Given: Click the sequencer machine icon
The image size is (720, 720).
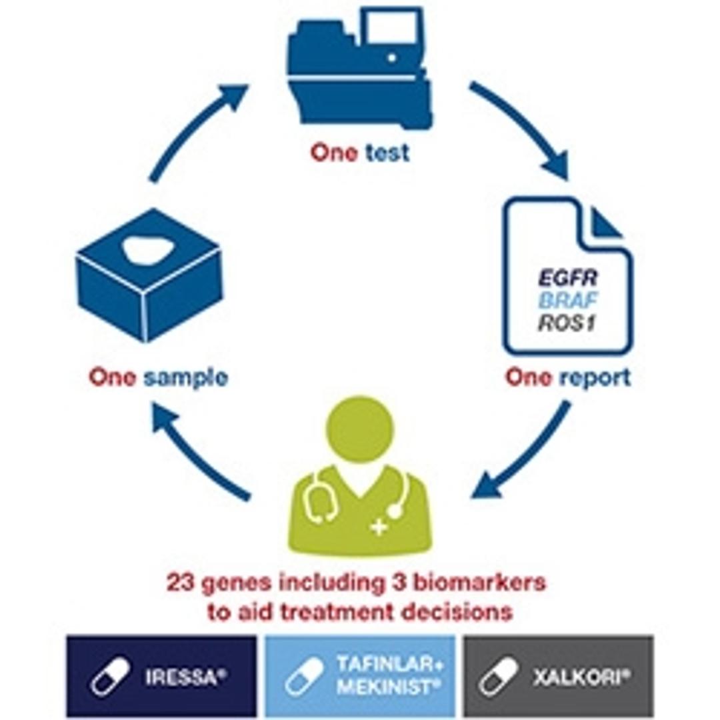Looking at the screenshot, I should pyautogui.click(x=360, y=70).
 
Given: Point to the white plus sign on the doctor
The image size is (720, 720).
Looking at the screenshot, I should pyautogui.click(x=379, y=528).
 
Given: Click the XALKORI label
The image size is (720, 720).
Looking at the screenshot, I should pyautogui.click(x=581, y=677).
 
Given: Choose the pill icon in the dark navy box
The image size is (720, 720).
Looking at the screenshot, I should pyautogui.click(x=111, y=676).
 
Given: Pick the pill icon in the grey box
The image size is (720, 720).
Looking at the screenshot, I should pyautogui.click(x=497, y=676).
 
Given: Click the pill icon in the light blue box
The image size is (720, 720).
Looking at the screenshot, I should pyautogui.click(x=304, y=676).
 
